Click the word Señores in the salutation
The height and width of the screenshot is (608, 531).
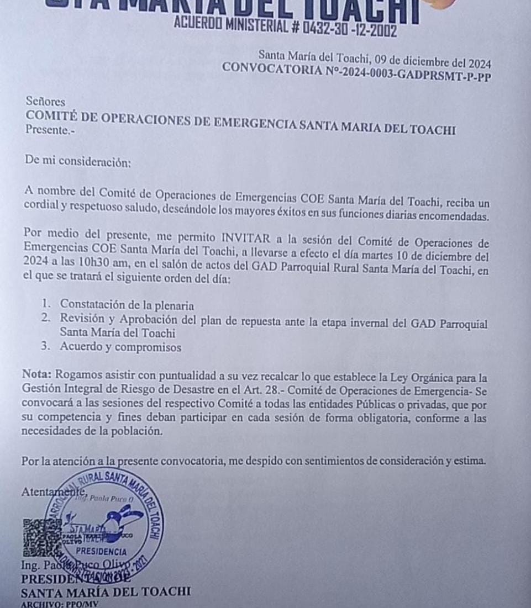pyautogui.click(x=45, y=102)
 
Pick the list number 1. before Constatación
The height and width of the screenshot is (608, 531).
pyautogui.click(x=48, y=304)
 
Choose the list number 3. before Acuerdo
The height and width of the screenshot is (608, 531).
pyautogui.click(x=48, y=347)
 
